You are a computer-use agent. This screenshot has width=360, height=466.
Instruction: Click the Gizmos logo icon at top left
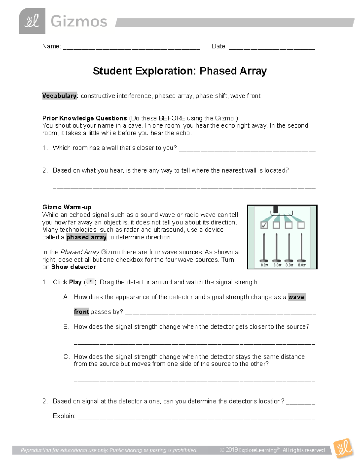tap(32, 21)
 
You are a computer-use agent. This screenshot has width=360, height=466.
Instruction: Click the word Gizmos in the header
tap(79, 22)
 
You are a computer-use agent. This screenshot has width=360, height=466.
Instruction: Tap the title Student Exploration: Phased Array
tap(180, 71)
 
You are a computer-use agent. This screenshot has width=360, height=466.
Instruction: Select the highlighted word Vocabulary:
tap(60, 96)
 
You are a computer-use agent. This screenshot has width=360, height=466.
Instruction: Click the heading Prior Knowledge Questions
tap(85, 118)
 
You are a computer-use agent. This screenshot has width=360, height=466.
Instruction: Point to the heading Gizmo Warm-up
tap(67, 207)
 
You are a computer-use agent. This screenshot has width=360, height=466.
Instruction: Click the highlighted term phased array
tap(86, 237)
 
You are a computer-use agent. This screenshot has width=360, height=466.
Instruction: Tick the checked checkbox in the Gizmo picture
tap(264, 225)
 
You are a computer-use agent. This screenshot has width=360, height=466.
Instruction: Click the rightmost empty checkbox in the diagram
tap(301, 225)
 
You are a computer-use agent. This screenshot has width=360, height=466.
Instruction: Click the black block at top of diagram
tap(276, 209)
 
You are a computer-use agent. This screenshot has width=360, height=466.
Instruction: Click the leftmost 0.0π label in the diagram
tap(264, 265)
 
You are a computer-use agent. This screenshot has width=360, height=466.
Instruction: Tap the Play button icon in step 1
tap(90, 281)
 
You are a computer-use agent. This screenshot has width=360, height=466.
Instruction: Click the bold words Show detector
tap(74, 267)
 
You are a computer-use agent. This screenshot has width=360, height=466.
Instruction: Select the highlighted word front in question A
tap(81, 312)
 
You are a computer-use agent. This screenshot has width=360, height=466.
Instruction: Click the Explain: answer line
tap(196, 417)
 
